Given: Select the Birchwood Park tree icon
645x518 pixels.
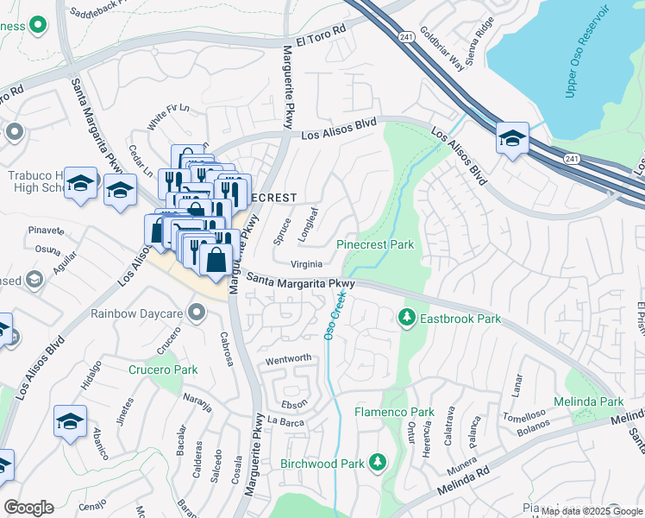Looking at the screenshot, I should (x=377, y=464).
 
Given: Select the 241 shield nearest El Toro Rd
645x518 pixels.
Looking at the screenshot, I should (x=407, y=37).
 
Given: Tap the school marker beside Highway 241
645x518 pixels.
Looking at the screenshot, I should (x=512, y=138).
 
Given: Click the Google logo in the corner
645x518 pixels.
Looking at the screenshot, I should (x=28, y=508).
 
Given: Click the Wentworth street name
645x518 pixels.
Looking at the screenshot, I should (x=288, y=358).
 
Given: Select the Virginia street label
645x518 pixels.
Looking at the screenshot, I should (x=306, y=264).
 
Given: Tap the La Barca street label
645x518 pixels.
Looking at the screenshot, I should (x=285, y=421).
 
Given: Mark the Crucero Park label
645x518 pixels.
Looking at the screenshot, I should (x=163, y=370).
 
